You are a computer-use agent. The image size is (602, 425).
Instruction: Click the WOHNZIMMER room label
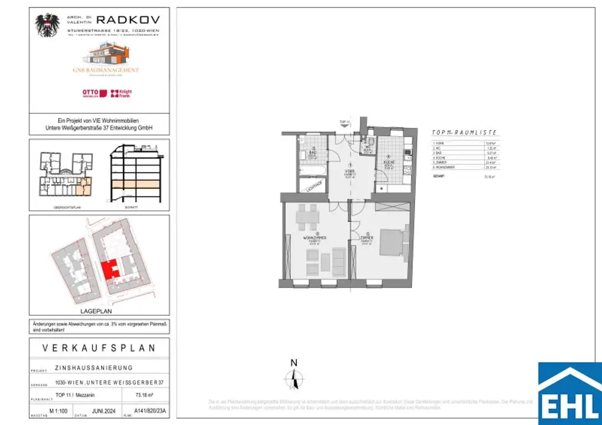point(315,238)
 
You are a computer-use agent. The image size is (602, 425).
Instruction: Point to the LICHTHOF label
point(313,185)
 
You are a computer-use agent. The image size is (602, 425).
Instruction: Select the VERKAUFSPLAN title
point(99,348)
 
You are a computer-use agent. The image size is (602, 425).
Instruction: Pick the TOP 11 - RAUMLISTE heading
point(464,134)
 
